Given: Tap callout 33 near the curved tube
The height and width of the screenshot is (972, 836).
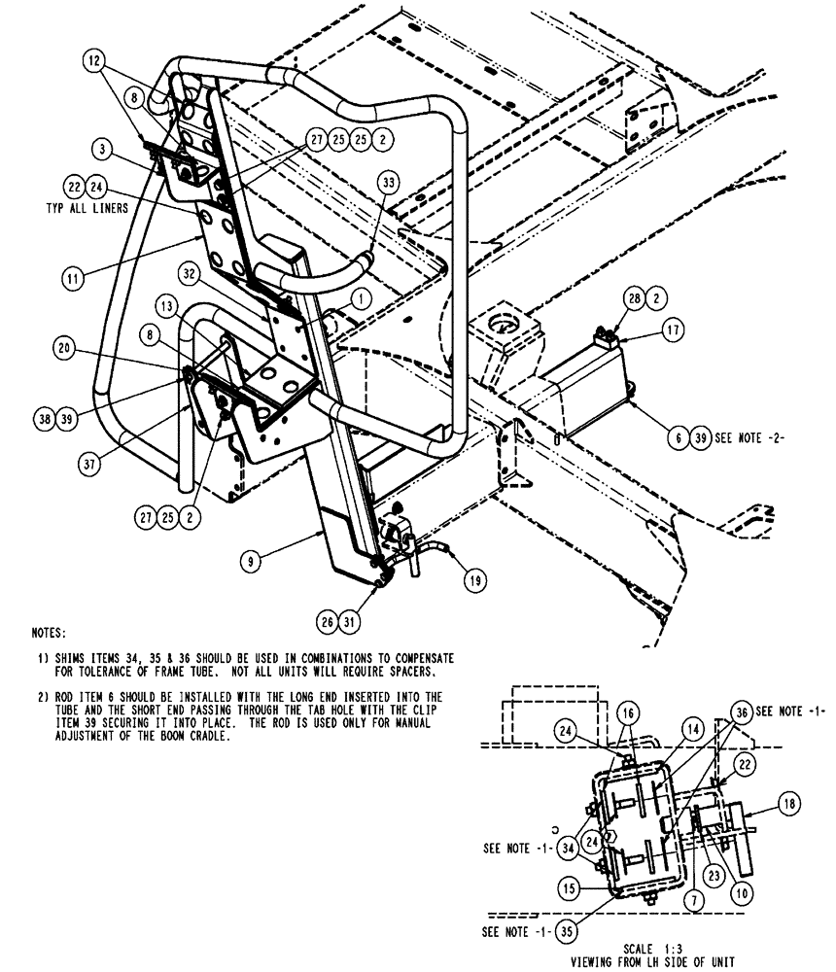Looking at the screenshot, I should point(389,181).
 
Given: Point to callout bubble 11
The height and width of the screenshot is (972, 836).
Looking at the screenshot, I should point(72,278).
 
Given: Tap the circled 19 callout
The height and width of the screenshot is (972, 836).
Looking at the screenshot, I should point(474,581).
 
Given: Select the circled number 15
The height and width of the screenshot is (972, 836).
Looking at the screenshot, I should point(570,888).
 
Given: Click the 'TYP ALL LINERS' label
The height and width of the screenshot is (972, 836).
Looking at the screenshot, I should point(87,207).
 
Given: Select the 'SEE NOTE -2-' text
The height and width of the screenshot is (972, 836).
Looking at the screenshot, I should point(749,437).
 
